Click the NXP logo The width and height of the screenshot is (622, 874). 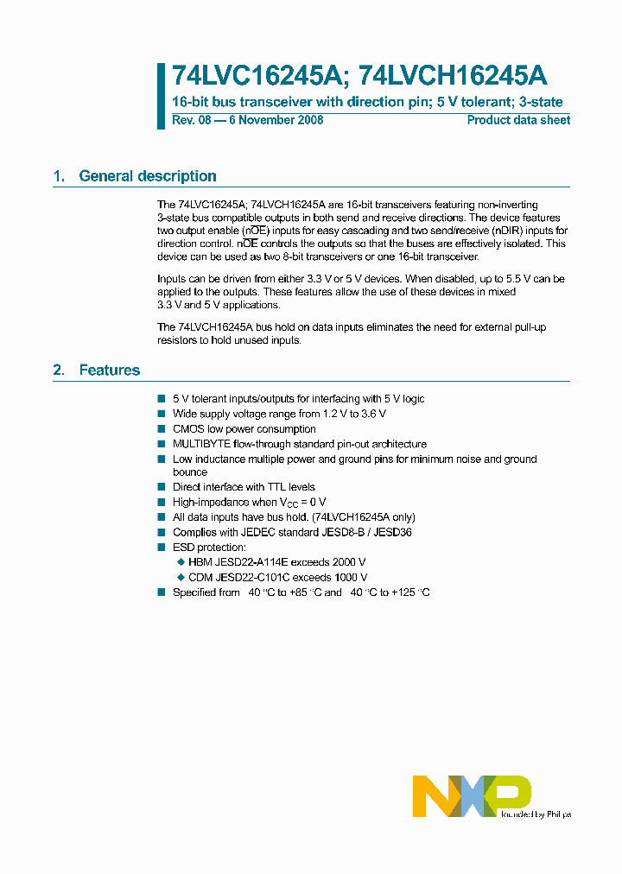(472, 794)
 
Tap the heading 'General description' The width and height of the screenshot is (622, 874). (148, 176)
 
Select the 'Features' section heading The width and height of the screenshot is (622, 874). (110, 370)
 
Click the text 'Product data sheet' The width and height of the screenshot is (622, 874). (518, 120)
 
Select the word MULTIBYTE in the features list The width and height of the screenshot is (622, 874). (201, 444)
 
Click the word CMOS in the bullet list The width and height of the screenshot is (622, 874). (187, 429)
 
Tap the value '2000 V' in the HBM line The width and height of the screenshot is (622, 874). (349, 562)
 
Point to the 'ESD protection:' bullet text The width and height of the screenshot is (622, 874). (209, 548)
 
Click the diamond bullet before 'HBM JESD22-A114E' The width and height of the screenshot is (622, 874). (181, 562)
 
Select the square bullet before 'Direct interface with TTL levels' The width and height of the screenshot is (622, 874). (161, 487)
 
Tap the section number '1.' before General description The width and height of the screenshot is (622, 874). (59, 176)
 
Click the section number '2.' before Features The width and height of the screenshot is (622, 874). (59, 370)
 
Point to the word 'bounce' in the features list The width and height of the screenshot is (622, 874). (190, 472)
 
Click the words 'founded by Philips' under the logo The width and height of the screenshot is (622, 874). (535, 814)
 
